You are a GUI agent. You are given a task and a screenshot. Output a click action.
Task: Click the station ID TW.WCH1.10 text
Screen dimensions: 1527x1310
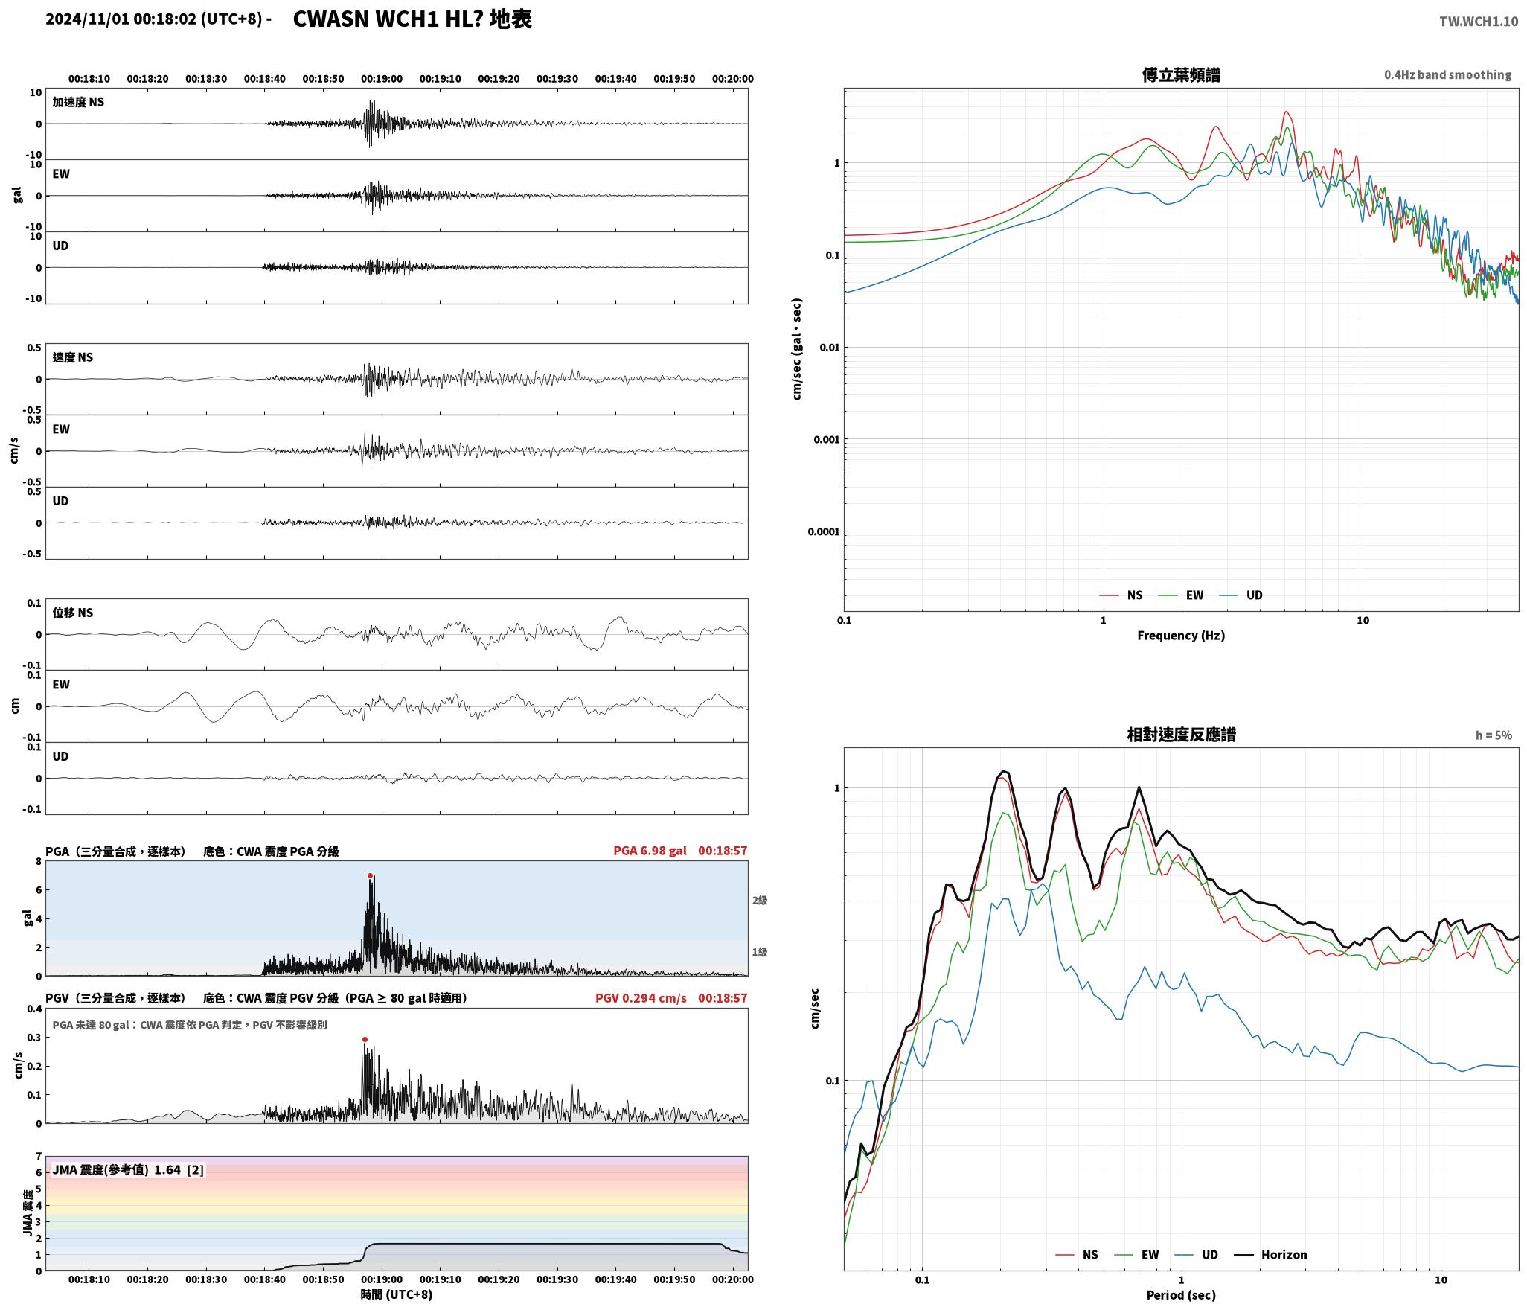tap(1478, 22)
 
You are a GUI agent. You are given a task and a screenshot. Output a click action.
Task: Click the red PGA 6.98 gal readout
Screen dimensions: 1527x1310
tap(650, 851)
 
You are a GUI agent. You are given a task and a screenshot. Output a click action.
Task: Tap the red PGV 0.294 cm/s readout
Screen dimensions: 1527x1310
tap(641, 998)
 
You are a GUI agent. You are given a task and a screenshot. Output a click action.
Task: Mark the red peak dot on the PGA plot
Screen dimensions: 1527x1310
tap(370, 876)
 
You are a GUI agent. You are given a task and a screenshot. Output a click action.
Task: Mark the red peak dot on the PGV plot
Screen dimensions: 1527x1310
tap(365, 1040)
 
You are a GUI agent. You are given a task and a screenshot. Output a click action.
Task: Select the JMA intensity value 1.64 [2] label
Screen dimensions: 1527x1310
tap(179, 1170)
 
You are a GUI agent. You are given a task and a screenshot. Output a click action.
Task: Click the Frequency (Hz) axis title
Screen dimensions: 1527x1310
tap(1181, 636)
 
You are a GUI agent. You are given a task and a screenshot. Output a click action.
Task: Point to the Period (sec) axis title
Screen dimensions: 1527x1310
tap(1181, 1295)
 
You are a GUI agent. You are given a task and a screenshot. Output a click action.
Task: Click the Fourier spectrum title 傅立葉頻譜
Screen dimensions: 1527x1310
tap(1181, 75)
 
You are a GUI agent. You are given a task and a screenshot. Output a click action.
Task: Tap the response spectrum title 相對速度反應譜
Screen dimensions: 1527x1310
tap(1181, 735)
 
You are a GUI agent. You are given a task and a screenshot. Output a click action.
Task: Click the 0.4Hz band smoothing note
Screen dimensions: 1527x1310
tap(1447, 75)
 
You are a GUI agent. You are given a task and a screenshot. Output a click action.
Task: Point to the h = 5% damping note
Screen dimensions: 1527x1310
tap(1494, 735)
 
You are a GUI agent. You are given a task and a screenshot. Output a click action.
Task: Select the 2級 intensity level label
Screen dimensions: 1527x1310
tap(759, 901)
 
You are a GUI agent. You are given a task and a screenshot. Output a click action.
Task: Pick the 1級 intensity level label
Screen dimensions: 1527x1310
tap(759, 952)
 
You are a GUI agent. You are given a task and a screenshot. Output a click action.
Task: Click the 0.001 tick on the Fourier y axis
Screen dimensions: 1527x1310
tap(826, 440)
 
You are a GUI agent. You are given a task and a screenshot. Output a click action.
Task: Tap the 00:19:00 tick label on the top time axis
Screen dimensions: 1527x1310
tap(382, 79)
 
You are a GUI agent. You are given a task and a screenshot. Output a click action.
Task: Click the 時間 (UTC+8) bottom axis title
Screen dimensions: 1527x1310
tap(397, 1294)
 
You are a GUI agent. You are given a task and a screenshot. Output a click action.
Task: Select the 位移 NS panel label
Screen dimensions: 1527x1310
tap(73, 613)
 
